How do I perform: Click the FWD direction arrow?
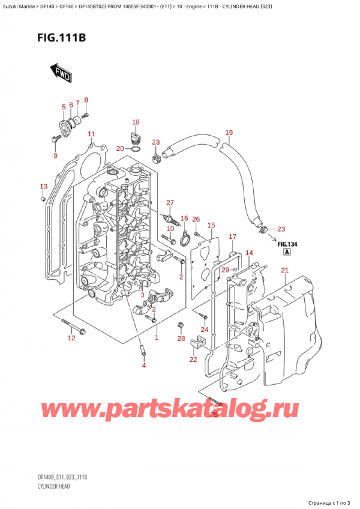point(61,73)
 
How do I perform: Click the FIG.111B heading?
point(61,38)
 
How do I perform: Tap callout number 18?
point(136,122)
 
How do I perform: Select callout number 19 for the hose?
point(229,133)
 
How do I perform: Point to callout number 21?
point(284,270)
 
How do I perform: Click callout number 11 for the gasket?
point(91,134)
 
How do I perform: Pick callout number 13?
point(43,186)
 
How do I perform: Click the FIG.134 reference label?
point(287,244)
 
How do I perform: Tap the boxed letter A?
point(287,252)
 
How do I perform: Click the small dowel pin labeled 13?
point(42,199)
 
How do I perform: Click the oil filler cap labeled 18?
point(134,137)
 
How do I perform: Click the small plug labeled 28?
point(179,325)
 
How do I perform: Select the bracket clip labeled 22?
point(197,341)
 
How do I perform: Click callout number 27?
point(170,203)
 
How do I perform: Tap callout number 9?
point(55,155)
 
